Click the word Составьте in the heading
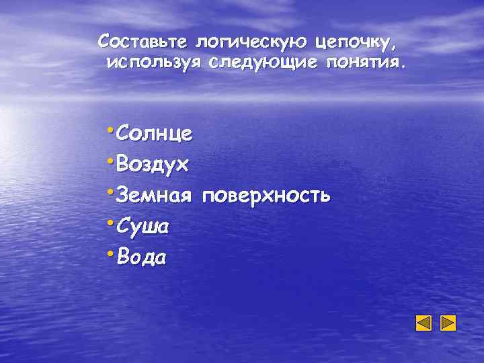click(143, 42)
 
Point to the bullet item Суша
click(142, 227)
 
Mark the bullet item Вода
click(141, 257)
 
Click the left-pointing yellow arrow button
click(424, 323)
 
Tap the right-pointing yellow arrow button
click(448, 323)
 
